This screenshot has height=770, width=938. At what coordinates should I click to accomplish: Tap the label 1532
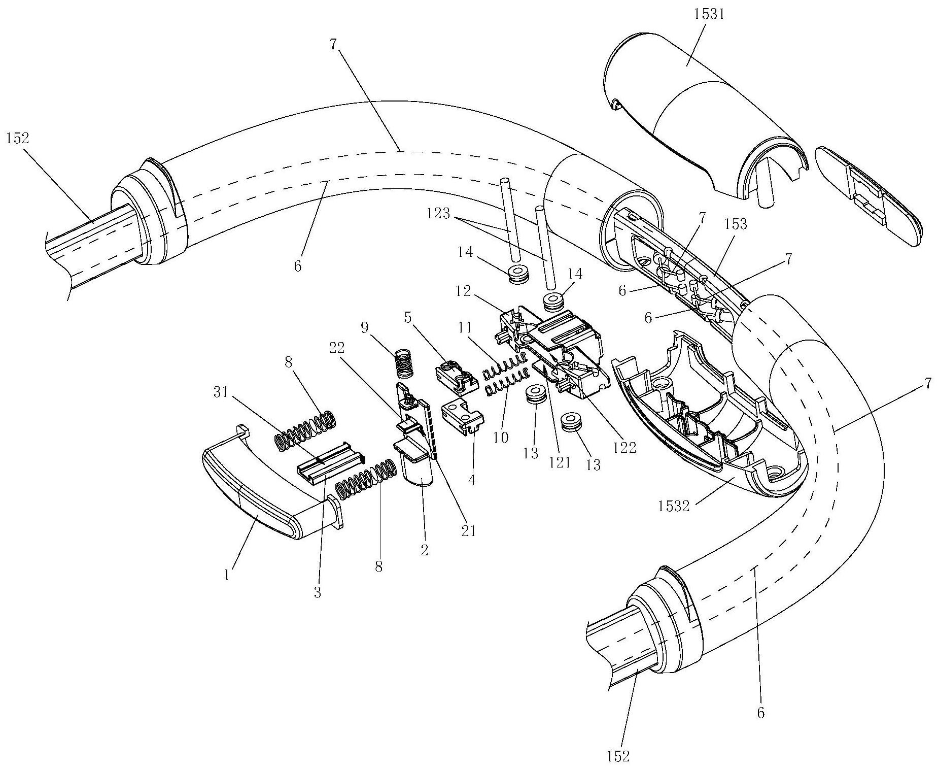click(x=674, y=506)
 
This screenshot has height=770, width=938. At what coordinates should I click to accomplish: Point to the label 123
click(x=438, y=214)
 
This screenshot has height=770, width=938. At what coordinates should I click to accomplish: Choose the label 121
click(x=560, y=463)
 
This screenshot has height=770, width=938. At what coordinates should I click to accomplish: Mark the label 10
click(x=501, y=437)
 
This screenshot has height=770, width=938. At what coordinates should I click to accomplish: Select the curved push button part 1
click(x=272, y=478)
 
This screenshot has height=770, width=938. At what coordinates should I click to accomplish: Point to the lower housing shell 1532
click(x=709, y=414)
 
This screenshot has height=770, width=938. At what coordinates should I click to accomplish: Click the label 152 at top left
click(x=18, y=139)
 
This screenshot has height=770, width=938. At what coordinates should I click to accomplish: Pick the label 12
click(x=463, y=291)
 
